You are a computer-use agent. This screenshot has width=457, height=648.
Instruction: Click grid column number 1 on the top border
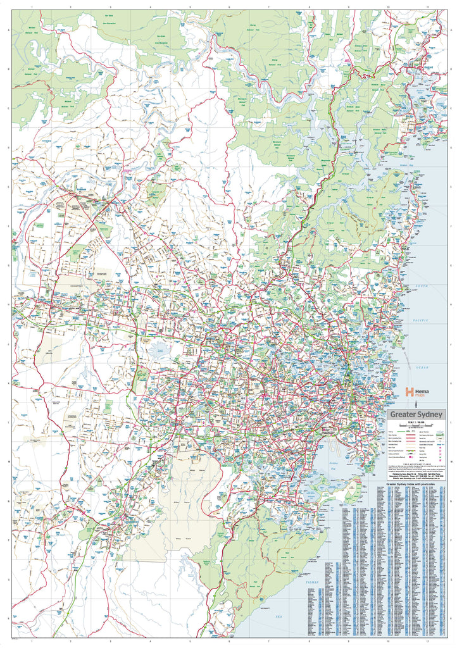[x=31, y=6]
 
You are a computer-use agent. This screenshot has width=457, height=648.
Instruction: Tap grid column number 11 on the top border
[x=429, y=6]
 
